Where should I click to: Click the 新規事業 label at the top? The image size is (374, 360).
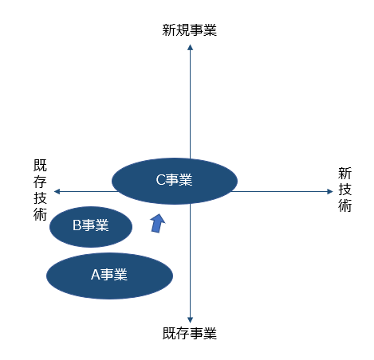189,30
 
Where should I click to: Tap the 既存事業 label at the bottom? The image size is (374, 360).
190,333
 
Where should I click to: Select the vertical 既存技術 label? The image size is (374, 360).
40,190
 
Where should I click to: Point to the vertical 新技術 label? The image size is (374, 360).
344,190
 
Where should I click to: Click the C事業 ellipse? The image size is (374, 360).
175,181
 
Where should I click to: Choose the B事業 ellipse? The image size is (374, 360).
91,227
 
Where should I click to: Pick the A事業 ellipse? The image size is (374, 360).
109,276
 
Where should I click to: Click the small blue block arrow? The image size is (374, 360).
158,223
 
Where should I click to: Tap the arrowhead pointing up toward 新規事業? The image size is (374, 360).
190,47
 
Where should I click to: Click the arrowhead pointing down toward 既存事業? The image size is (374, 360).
190,320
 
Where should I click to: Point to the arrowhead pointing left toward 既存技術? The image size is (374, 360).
57,191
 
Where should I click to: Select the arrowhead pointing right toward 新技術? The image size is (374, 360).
330,191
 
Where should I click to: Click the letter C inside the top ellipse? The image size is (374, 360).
160,180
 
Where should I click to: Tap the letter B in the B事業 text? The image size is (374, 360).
77,225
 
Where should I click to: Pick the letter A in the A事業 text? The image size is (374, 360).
96,275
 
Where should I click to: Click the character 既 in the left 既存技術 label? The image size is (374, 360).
40,166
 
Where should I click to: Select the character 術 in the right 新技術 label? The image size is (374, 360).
344,205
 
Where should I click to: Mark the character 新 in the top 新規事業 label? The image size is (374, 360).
169,30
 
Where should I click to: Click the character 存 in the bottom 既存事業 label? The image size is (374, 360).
183,333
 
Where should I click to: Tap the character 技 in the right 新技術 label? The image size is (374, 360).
344,190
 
